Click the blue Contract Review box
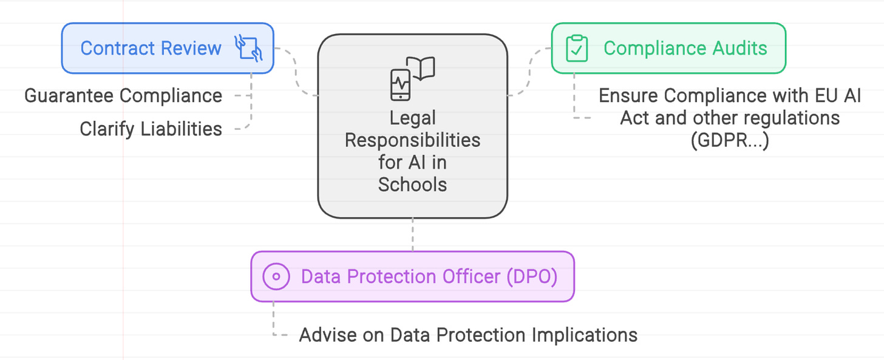click(167, 49)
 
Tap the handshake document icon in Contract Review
click(248, 48)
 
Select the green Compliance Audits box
click(668, 49)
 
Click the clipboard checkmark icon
click(577, 49)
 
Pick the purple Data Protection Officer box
click(412, 277)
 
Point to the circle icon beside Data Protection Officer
click(276, 277)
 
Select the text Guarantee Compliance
click(123, 96)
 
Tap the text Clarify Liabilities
click(151, 129)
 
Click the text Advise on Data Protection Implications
click(468, 335)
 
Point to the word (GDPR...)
click(729, 140)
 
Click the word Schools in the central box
click(412, 184)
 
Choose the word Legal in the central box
click(412, 118)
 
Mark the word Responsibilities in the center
click(412, 140)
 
